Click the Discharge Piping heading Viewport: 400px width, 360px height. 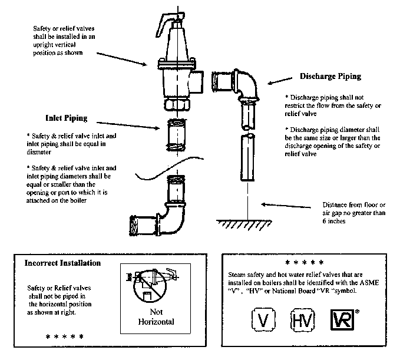[330, 77]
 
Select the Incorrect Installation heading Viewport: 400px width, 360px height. [62, 263]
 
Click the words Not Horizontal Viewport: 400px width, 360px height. [156, 317]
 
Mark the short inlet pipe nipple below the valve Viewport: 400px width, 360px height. [177, 135]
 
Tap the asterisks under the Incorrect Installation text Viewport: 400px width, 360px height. [64, 336]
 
